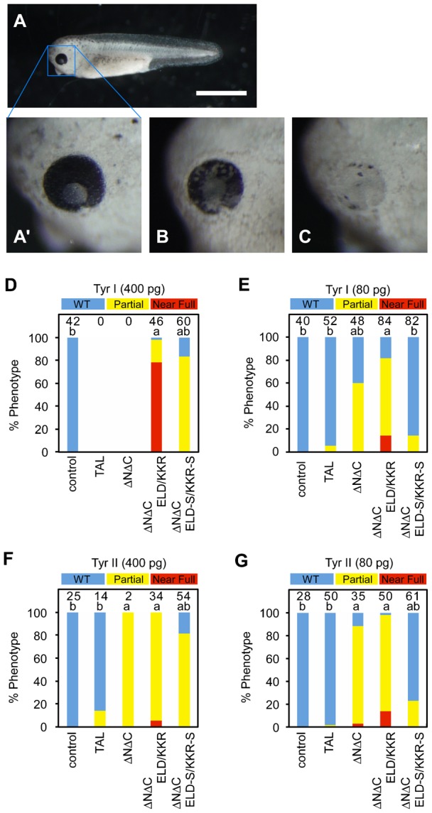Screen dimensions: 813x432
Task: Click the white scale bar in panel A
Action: tap(221, 92)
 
